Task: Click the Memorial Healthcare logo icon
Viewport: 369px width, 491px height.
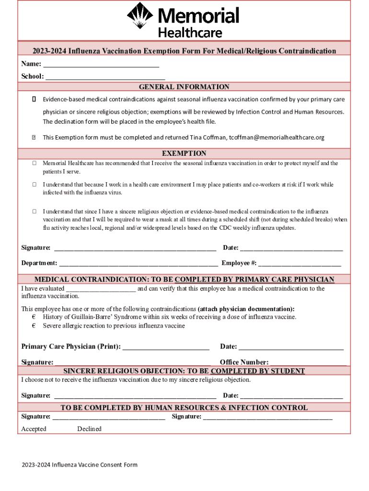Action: pos(140,16)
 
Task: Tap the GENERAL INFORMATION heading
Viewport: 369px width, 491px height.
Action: pos(184,87)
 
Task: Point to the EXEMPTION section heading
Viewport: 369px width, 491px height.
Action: pos(184,153)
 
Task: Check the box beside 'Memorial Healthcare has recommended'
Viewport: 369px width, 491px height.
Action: pos(35,164)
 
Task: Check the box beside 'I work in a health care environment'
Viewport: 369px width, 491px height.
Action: pos(35,185)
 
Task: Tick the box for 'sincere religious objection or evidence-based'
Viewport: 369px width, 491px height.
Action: pos(35,211)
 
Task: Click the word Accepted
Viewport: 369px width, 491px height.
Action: pos(34,429)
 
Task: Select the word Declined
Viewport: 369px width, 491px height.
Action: pos(89,429)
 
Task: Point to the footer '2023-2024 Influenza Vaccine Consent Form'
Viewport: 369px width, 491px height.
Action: pos(79,465)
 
